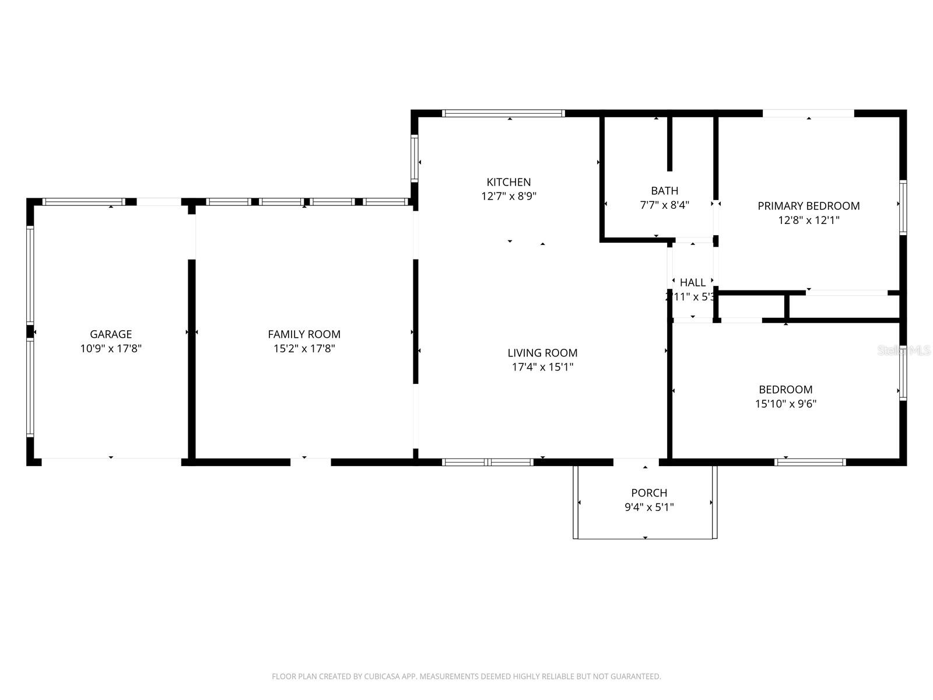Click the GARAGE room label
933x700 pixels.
pyautogui.click(x=111, y=334)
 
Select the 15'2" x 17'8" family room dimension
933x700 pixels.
pyautogui.click(x=304, y=349)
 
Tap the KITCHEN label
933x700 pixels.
pyautogui.click(x=508, y=182)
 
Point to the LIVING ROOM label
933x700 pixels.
pyautogui.click(x=542, y=352)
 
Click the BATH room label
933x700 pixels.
pyautogui.click(x=664, y=191)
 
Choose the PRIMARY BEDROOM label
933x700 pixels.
pyautogui.click(x=808, y=205)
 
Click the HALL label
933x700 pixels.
pyautogui.click(x=693, y=282)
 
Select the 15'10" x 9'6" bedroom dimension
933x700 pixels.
pyautogui.click(x=785, y=404)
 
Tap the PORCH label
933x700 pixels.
pyautogui.click(x=649, y=493)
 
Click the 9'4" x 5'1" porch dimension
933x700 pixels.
pyautogui.click(x=649, y=508)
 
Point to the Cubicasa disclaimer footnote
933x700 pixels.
pyautogui.click(x=466, y=677)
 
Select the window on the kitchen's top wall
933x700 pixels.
pyautogui.click(x=503, y=113)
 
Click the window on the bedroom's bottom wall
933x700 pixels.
pyautogui.click(x=810, y=462)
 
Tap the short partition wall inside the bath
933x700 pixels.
pyautogui.click(x=670, y=143)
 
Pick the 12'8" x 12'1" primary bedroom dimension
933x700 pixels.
pyautogui.click(x=808, y=220)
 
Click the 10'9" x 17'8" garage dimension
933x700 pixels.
pyautogui.click(x=111, y=349)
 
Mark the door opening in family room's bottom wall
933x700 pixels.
pyautogui.click(x=310, y=462)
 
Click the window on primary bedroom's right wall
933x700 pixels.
pyautogui.click(x=903, y=207)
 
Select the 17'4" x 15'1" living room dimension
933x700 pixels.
pyautogui.click(x=542, y=367)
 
